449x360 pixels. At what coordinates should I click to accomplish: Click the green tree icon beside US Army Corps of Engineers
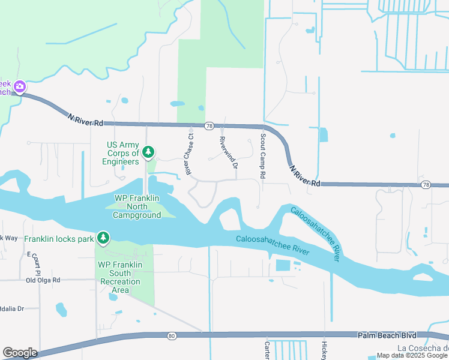click(148, 152)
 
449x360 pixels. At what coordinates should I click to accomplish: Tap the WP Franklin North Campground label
click(137, 206)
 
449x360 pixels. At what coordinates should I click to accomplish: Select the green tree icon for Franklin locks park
click(103, 238)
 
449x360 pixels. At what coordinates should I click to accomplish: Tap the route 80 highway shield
click(172, 336)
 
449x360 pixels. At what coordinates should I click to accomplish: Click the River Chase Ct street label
click(190, 154)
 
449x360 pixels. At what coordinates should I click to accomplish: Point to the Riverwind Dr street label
click(229, 152)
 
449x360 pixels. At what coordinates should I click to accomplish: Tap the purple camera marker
click(20, 87)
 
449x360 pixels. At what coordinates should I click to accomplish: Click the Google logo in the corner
click(20, 352)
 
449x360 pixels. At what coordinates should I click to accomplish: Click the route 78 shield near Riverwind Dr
click(209, 126)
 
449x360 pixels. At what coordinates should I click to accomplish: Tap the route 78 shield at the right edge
click(426, 184)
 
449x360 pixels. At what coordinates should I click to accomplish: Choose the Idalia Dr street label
click(11, 308)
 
